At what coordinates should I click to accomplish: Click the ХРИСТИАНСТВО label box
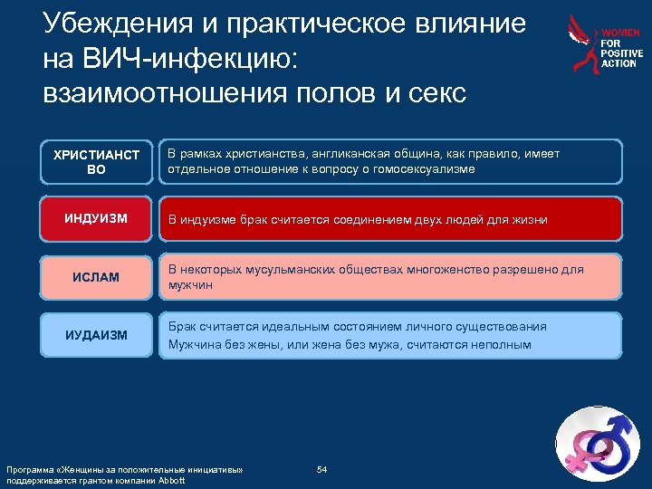pyautogui.click(x=97, y=162)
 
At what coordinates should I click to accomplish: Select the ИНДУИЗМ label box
pyautogui.click(x=97, y=219)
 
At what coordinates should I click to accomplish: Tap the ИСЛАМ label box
pyautogui.click(x=97, y=276)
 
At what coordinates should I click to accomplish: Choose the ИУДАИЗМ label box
pyautogui.click(x=97, y=335)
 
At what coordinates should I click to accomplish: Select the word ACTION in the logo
pyautogui.click(x=619, y=63)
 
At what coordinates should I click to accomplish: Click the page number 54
pyautogui.click(x=321, y=468)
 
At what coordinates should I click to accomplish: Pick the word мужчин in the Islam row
pyautogui.click(x=187, y=285)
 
